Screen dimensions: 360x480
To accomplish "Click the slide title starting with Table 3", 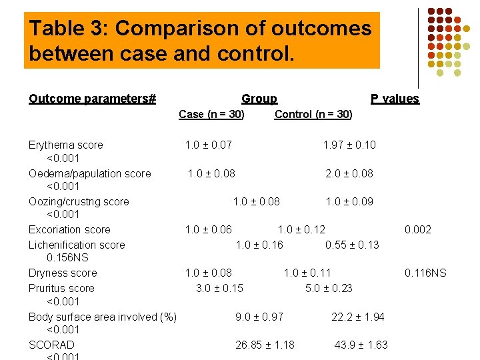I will [x=201, y=40].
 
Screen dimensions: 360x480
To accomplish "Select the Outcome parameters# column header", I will [x=92, y=99].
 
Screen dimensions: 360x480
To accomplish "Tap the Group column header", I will [x=259, y=99].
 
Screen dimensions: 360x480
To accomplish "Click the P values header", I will [x=395, y=99].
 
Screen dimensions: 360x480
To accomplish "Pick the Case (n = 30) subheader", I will [x=211, y=114].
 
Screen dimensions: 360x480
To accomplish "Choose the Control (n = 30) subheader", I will [x=313, y=114].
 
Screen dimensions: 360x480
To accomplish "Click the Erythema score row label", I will [x=66, y=145].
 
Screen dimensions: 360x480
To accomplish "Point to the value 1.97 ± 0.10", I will [x=349, y=145].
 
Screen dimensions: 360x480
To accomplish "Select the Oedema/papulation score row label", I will [x=90, y=173].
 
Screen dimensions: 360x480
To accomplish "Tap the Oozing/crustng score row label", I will [x=79, y=201].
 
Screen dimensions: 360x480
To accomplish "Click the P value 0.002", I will [x=418, y=229].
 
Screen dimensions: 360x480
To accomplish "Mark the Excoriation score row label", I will [x=69, y=229].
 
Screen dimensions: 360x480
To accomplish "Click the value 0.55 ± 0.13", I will [x=352, y=245].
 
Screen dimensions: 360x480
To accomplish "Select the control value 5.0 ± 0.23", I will [x=329, y=288].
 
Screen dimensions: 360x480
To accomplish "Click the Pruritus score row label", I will [x=61, y=288].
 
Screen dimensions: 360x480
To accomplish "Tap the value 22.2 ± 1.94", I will [x=358, y=317].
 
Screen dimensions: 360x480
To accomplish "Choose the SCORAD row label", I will [x=51, y=345].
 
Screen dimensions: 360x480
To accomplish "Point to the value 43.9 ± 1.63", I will [x=361, y=345].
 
